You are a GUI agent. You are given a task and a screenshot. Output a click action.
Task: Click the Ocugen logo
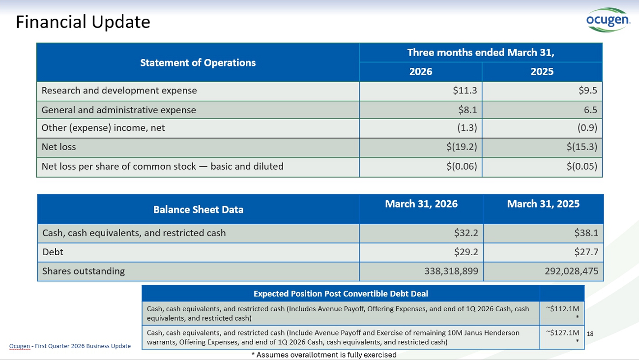click(x=608, y=20)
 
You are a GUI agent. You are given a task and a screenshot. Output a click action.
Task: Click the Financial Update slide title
click(x=83, y=22)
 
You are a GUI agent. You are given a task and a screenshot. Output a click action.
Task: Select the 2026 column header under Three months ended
click(x=420, y=71)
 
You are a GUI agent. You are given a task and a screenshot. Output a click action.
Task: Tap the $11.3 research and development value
click(x=465, y=90)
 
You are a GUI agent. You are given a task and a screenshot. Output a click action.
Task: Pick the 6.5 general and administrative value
click(x=590, y=110)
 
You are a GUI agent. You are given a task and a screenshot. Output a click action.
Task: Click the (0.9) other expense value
click(x=587, y=127)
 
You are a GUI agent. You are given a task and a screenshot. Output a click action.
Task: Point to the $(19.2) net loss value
click(x=462, y=147)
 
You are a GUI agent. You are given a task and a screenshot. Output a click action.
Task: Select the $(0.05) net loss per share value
click(x=581, y=166)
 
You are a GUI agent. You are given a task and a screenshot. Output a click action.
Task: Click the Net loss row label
click(x=59, y=147)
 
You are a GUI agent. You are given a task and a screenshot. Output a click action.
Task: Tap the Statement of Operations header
click(x=198, y=63)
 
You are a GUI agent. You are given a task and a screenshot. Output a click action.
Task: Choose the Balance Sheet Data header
click(x=198, y=210)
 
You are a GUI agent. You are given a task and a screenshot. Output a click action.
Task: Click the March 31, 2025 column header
click(x=543, y=204)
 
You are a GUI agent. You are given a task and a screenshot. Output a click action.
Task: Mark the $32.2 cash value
click(x=466, y=233)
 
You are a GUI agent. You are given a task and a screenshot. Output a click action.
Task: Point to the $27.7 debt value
click(x=586, y=252)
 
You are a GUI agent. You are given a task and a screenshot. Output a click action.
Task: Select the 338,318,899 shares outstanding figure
click(x=451, y=271)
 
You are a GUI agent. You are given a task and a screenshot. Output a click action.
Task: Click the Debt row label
click(x=53, y=252)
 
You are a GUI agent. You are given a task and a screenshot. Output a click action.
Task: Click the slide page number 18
click(x=590, y=334)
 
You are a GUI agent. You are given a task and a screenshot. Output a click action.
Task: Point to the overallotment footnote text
click(x=324, y=355)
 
